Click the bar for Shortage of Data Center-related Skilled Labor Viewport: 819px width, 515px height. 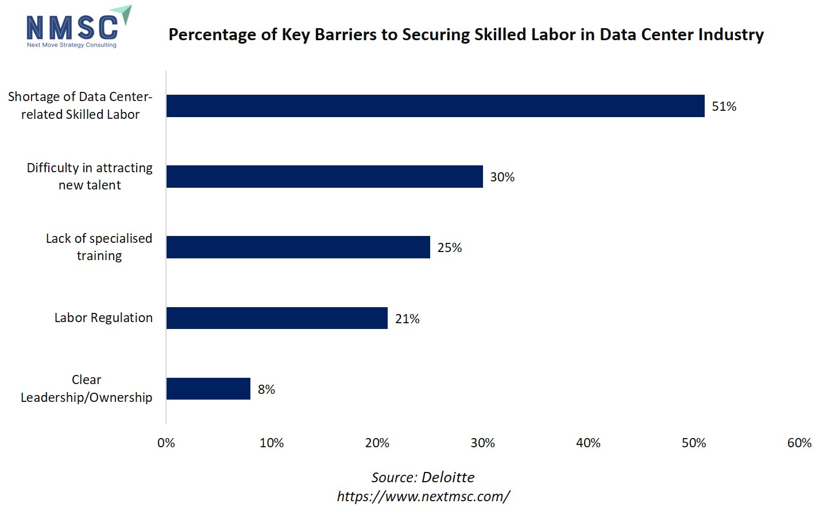(435, 106)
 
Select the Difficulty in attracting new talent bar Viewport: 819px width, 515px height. (324, 177)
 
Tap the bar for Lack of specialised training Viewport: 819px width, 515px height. (298, 247)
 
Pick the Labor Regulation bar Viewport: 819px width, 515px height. (277, 318)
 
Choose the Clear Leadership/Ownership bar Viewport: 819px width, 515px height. (208, 389)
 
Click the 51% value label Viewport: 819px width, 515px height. (724, 107)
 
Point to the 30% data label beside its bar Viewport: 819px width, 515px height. (502, 177)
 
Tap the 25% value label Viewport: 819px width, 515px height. (449, 248)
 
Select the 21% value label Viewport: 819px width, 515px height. (407, 319)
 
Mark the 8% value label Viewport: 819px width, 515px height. (266, 390)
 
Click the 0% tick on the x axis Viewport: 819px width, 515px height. (166, 443)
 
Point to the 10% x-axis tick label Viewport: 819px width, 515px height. (272, 443)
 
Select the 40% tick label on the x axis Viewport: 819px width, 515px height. (588, 443)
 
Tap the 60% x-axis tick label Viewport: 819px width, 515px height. (799, 443)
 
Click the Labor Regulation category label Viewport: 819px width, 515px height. (103, 318)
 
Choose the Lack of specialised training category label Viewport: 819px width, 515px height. (99, 247)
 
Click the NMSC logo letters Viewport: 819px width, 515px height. (72, 27)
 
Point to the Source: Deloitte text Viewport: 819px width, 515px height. (423, 478)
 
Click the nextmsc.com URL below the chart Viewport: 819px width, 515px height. (423, 497)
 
